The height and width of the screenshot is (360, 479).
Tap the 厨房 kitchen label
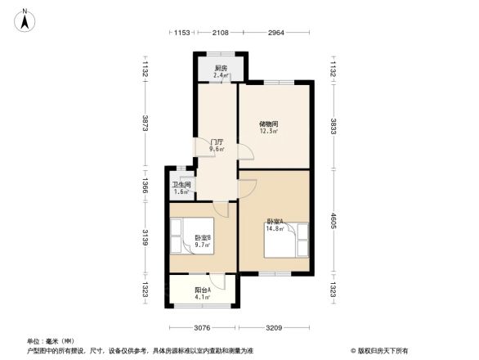tap(221, 68)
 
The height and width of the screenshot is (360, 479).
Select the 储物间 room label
tap(269, 124)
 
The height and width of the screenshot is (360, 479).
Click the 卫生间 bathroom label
tap(181, 185)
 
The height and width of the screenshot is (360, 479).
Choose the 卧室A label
tap(275, 221)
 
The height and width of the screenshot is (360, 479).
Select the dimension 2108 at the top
tap(220, 33)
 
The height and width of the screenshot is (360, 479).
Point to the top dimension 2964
tap(275, 33)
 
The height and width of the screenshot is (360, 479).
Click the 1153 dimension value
tap(181, 33)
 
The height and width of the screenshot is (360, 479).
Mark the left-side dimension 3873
tap(144, 124)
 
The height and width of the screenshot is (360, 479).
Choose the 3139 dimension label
tap(144, 237)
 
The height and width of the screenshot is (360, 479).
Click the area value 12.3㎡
tap(269, 131)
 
